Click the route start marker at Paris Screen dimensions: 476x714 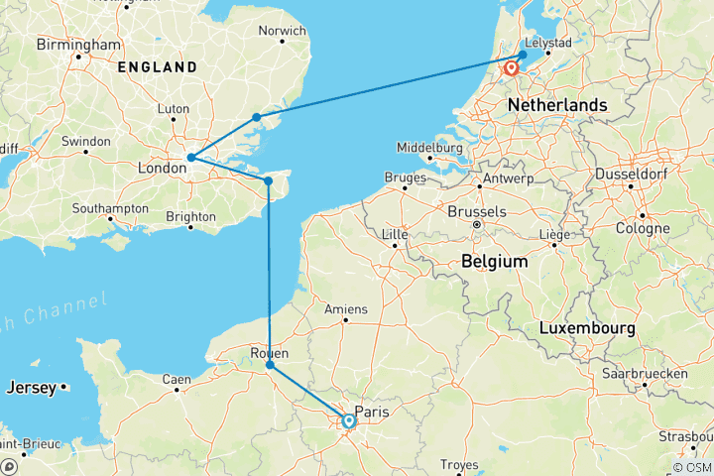coord(349,421)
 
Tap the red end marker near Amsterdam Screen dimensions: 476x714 coord(512,69)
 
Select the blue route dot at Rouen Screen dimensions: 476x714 coord(270,366)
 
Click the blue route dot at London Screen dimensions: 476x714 coord(190,158)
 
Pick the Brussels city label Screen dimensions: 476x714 coord(478,211)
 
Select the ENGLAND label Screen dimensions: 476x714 coord(157,67)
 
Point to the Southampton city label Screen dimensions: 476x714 coord(112,208)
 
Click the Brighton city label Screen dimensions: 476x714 coord(192,215)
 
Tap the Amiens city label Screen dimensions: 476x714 coord(347,308)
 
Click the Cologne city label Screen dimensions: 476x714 coord(642,228)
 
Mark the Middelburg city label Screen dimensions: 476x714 coord(430,147)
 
